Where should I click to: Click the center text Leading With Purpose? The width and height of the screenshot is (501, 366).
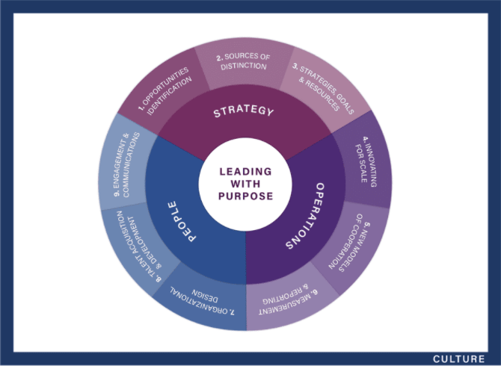245,183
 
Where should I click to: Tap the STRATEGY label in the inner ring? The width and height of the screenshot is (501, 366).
244,112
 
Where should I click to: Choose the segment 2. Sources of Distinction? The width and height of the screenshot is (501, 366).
242,61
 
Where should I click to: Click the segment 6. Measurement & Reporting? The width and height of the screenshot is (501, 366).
283,299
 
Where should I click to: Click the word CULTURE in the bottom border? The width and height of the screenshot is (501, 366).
458,359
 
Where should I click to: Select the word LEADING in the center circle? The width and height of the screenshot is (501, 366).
245,171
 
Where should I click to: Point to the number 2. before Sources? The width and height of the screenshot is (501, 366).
218,58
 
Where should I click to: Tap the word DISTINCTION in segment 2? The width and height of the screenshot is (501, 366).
244,66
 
